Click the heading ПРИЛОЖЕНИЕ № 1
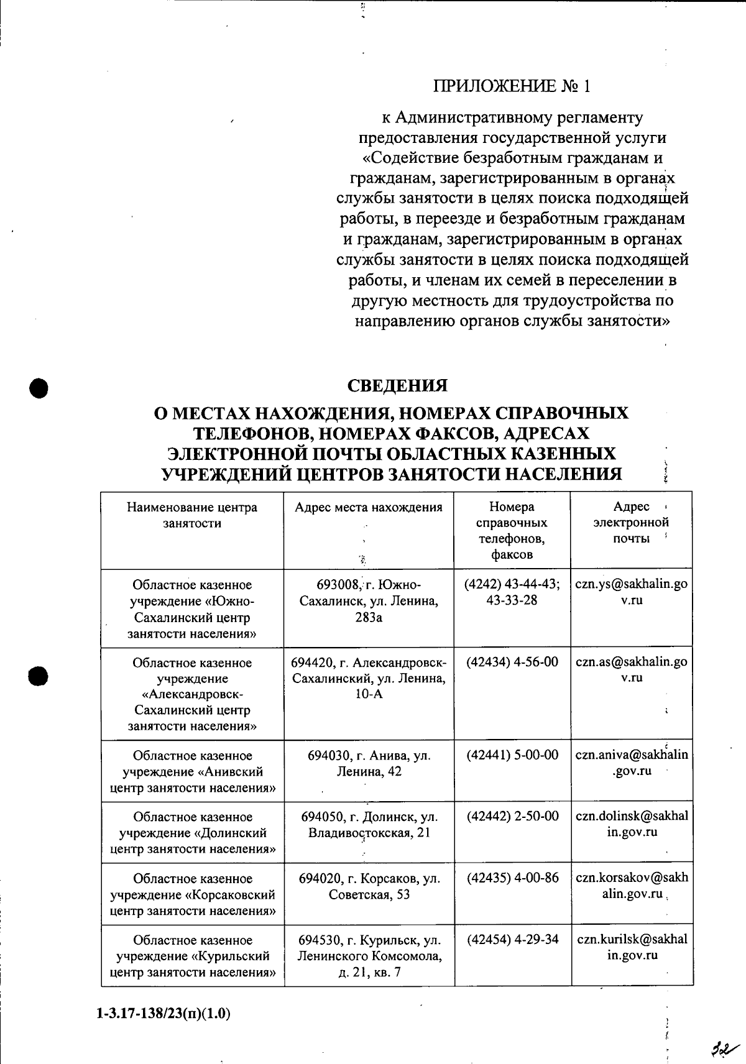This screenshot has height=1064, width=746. (x=512, y=86)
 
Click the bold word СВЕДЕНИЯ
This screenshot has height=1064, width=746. (x=397, y=385)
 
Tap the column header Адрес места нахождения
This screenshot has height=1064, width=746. (x=369, y=507)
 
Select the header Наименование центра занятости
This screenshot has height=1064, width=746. (x=192, y=515)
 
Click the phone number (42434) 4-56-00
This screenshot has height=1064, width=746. (x=512, y=662)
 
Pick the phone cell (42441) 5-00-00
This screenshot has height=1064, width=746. (x=512, y=755)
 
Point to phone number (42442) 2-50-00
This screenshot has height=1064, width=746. (x=512, y=816)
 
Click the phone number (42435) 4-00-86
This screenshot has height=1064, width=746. (x=512, y=878)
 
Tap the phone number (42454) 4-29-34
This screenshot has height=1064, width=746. (x=512, y=939)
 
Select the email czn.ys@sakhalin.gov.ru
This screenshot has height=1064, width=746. (x=632, y=592)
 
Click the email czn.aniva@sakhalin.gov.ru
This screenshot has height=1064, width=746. (x=632, y=763)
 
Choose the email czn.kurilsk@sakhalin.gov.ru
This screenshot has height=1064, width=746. (x=632, y=947)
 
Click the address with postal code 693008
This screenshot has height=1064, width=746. (x=369, y=600)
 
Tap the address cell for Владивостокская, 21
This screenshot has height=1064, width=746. (x=369, y=824)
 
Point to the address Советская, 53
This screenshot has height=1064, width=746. (x=369, y=886)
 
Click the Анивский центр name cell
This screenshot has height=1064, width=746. (x=192, y=771)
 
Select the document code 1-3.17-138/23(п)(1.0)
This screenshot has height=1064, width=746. (x=163, y=1014)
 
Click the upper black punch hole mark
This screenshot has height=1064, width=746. (x=39, y=386)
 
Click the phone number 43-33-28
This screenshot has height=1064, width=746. (x=512, y=600)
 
